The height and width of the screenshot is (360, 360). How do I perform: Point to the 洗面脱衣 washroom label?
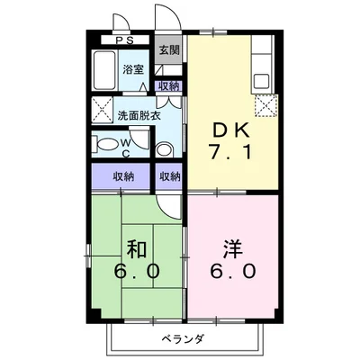click(133, 115)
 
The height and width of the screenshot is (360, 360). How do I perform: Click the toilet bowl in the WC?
click(106, 145)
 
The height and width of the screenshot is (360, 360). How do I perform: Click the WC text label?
click(126, 147)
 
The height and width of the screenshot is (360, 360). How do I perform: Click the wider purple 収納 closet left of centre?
click(125, 176)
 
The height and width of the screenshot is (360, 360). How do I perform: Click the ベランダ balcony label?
click(184, 340)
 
